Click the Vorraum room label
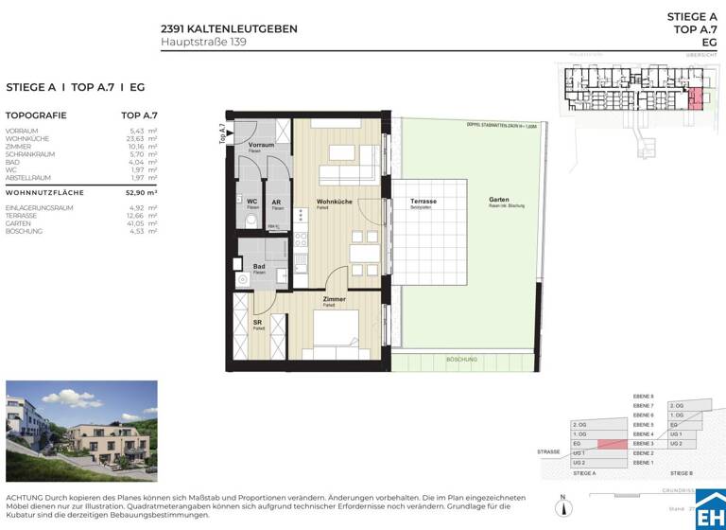click(261, 145)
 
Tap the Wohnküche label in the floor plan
click(335, 202)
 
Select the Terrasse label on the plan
click(423, 202)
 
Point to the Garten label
click(499, 200)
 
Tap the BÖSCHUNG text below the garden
click(462, 360)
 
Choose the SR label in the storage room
click(257, 323)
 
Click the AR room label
click(275, 202)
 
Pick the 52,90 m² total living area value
click(141, 192)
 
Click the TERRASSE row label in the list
click(24, 215)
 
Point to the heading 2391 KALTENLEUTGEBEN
click(229, 28)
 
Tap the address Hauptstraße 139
click(204, 42)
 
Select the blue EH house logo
click(709, 510)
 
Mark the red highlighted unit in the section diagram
click(613, 443)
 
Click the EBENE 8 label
click(643, 396)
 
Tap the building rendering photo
click(81, 433)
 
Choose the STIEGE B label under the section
click(682, 471)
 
